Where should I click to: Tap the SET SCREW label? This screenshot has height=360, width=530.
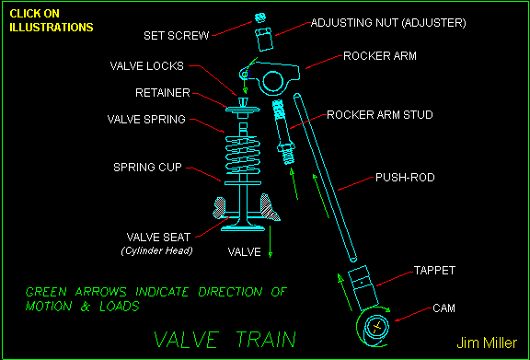pos(177,36)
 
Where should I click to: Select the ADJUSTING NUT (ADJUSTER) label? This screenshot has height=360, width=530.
pos(387,21)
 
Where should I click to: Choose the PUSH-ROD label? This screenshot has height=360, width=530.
pos(404,176)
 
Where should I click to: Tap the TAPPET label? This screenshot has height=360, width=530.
pos(435,271)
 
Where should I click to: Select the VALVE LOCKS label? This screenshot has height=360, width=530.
pos(147,66)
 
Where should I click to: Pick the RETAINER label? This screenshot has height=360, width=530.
pos(163,93)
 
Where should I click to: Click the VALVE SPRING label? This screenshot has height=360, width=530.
pos(146,119)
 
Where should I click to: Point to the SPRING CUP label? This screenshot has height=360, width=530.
pos(148,168)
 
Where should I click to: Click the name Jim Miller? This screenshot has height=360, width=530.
pos(487,343)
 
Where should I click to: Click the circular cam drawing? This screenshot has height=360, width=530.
pos(375,327)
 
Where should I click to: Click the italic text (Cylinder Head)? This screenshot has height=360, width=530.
pos(153,250)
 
